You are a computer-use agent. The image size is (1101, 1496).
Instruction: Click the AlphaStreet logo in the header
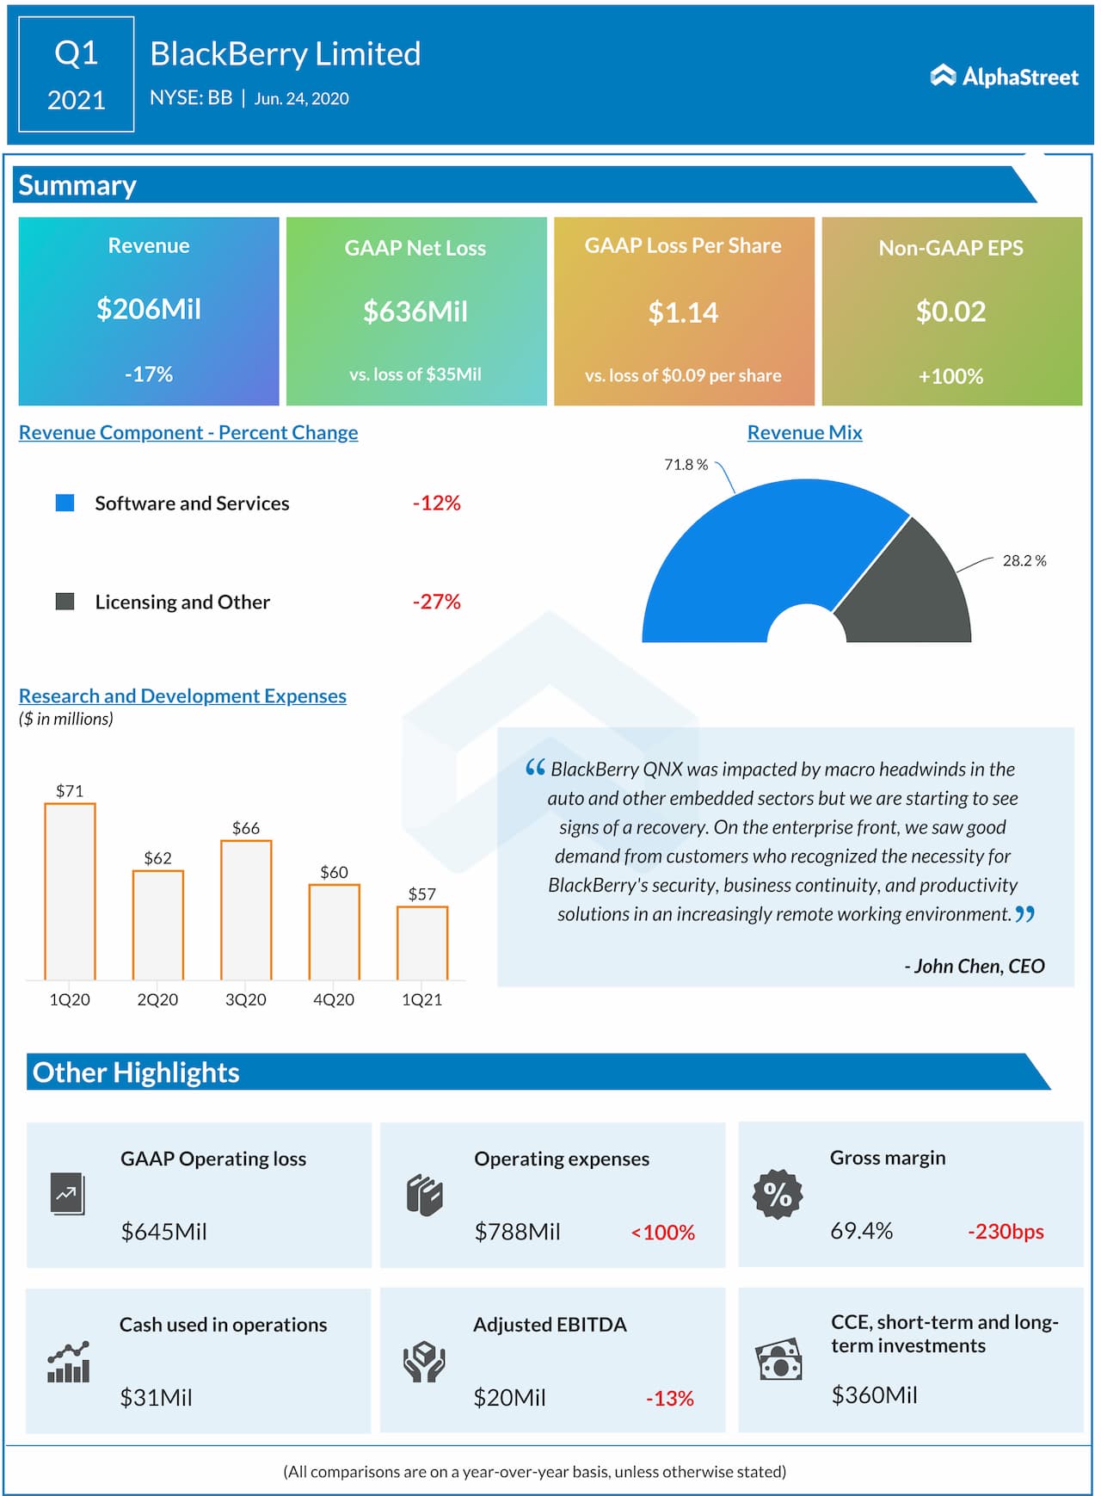pyautogui.click(x=1004, y=77)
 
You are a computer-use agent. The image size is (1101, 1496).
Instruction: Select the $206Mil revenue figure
pyautogui.click(x=149, y=309)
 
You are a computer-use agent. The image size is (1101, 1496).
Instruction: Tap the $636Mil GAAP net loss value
pyautogui.click(x=415, y=312)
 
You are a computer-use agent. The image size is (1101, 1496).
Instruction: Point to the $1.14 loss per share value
pyautogui.click(x=683, y=312)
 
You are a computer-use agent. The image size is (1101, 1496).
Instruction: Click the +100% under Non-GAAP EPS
pyautogui.click(x=950, y=376)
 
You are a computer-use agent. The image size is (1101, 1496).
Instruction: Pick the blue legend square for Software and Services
pyautogui.click(x=65, y=503)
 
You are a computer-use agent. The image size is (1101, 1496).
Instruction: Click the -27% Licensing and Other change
pyautogui.click(x=437, y=602)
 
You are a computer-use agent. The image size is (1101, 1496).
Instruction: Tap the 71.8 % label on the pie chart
pyautogui.click(x=686, y=465)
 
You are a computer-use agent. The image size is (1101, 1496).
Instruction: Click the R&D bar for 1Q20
pyautogui.click(x=70, y=891)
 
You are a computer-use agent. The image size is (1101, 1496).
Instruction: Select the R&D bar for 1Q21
pyautogui.click(x=422, y=943)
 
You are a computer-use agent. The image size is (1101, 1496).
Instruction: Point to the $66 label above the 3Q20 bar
pyautogui.click(x=246, y=828)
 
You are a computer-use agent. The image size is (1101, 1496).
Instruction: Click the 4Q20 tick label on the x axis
pyautogui.click(x=334, y=999)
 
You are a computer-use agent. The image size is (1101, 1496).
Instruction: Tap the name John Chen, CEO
pyautogui.click(x=975, y=966)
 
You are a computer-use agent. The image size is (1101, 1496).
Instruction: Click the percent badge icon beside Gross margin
pyautogui.click(x=778, y=1194)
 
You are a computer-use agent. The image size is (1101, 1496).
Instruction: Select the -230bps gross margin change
pyautogui.click(x=1006, y=1232)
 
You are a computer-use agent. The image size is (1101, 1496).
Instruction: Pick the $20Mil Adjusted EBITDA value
pyautogui.click(x=509, y=1397)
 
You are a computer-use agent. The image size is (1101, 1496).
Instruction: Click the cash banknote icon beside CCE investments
pyautogui.click(x=778, y=1361)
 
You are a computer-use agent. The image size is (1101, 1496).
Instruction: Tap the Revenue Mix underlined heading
pyautogui.click(x=804, y=433)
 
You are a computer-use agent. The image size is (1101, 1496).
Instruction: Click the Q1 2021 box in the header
pyautogui.click(x=77, y=75)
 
